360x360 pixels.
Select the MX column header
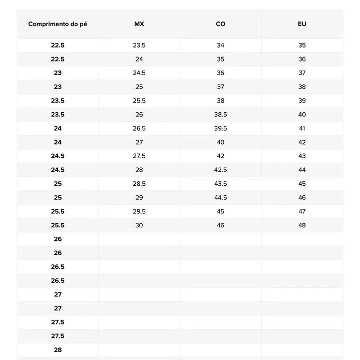(x=139, y=24)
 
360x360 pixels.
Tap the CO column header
(x=220, y=24)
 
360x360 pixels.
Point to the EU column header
(x=302, y=24)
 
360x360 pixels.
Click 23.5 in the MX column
(x=139, y=45)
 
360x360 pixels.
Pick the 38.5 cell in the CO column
(x=220, y=115)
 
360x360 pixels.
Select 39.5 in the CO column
(x=220, y=128)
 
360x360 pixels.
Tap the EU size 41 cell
(x=302, y=128)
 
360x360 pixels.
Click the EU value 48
(x=302, y=225)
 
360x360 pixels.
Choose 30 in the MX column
(x=139, y=225)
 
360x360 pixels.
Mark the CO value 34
(x=220, y=45)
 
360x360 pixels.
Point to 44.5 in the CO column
(x=220, y=198)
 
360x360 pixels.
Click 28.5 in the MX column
(x=139, y=184)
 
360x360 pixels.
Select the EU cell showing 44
(x=302, y=170)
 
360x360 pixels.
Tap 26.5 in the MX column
(x=139, y=128)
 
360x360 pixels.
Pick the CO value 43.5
(x=220, y=184)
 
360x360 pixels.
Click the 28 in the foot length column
(x=58, y=350)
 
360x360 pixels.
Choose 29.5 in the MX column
(x=139, y=211)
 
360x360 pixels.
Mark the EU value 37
(x=302, y=73)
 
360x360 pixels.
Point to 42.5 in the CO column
(x=220, y=170)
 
